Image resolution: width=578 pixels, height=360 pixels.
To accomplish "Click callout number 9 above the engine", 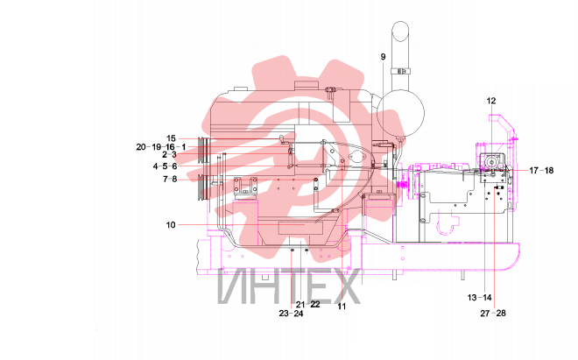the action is point(383,57).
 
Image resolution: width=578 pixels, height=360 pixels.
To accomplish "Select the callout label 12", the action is point(491,101).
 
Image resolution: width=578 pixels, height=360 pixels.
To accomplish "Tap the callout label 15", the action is point(171,138).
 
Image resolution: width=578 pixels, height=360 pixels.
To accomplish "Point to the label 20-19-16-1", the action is point(161,147).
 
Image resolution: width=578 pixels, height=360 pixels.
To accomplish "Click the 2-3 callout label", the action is point(169,155).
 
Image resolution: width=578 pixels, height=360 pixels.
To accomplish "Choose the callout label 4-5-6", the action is point(165,166).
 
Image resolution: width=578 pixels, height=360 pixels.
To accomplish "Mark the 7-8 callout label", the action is point(170,180).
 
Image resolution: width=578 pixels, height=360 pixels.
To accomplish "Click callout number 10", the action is point(171,224).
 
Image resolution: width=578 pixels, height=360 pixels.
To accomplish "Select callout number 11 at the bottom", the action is point(342,307).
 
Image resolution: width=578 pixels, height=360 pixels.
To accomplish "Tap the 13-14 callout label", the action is point(479,297).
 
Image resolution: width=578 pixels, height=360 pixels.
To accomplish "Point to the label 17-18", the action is point(541,171).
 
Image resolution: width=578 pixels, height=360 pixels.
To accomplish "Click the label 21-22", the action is point(307,304).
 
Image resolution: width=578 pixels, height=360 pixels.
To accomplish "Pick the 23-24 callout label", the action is point(291,314).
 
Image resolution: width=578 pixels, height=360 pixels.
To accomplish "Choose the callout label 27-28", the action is point(493,314).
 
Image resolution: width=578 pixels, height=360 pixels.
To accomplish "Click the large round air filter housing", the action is point(400,114).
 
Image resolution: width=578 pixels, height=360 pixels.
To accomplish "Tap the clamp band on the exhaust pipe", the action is point(400,70).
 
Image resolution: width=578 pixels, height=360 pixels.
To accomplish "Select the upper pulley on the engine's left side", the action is point(204,151).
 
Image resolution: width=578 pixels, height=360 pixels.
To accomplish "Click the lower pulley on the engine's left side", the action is point(204,187).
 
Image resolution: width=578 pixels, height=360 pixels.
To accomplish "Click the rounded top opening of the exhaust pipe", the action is point(400,31).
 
